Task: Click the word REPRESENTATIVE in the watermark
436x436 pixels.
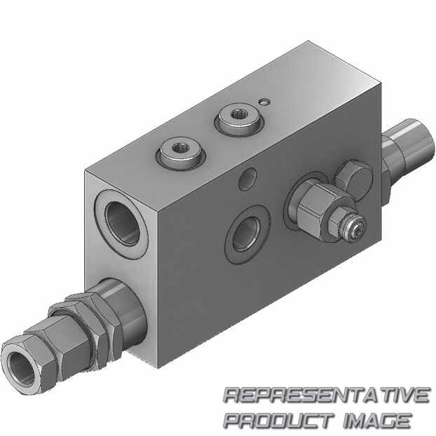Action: coord(327,395)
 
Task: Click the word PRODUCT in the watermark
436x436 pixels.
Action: coord(279,420)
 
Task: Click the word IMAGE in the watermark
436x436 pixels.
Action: coord(377,420)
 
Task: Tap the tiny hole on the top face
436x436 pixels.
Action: coord(264,102)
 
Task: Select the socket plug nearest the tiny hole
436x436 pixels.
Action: coord(239,121)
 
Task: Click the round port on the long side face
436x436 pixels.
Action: coord(247,234)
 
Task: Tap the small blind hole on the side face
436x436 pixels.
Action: coord(247,179)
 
